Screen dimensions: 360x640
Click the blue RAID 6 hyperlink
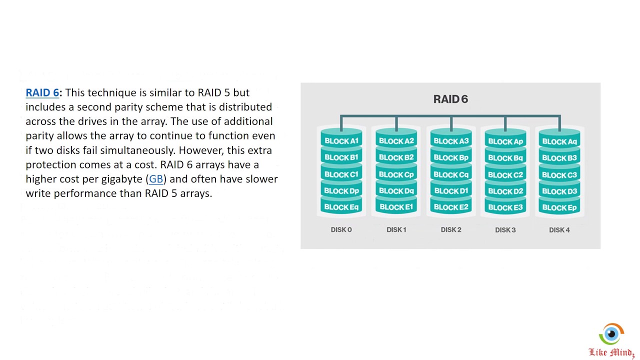tap(42, 92)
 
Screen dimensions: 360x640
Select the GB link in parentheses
tap(156, 178)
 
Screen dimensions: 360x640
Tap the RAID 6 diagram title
tap(450, 99)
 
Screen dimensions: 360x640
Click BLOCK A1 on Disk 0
tap(341, 141)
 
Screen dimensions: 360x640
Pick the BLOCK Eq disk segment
tap(341, 207)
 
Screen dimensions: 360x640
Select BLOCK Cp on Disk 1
tap(396, 174)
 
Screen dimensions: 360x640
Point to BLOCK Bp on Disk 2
tap(451, 157)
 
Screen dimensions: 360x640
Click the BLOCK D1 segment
tap(451, 191)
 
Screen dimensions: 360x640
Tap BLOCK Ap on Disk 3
tap(505, 141)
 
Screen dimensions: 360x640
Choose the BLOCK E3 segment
tap(505, 207)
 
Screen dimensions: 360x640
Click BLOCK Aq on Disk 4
tap(559, 141)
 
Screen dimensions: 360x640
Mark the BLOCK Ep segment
tap(559, 207)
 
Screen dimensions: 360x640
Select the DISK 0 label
tap(341, 230)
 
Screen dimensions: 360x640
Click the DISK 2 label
tap(451, 230)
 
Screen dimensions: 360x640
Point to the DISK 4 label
tap(559, 230)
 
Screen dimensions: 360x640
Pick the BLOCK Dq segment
tap(396, 191)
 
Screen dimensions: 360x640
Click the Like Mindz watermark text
tap(611, 352)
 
